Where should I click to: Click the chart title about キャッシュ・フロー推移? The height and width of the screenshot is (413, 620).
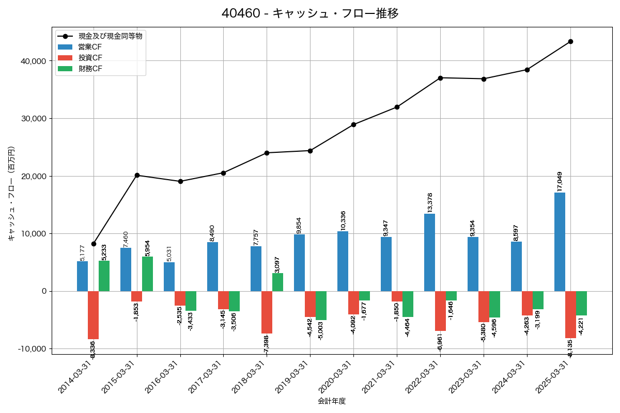tap(310, 13)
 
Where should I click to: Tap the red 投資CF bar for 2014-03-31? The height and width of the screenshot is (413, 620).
tap(93, 315)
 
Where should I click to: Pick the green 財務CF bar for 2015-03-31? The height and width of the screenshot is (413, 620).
tap(148, 274)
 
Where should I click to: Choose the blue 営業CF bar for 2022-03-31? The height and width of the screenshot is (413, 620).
tap(429, 252)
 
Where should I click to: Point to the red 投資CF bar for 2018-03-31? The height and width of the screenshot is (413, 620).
tap(267, 312)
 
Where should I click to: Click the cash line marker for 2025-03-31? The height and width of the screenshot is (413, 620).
tap(570, 41)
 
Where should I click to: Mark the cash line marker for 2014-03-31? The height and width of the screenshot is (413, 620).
tap(94, 244)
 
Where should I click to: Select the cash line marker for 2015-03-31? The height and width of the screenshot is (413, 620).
tap(137, 175)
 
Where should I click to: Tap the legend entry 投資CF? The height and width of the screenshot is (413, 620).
tap(90, 57)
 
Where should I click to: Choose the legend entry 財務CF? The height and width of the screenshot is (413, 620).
tap(90, 68)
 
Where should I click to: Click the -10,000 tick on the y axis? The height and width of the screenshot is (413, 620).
tap(32, 349)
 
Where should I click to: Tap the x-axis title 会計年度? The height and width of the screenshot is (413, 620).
tap(332, 401)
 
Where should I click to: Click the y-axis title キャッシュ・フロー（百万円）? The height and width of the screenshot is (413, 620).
tap(11, 194)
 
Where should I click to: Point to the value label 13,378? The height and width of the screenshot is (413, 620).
tap(429, 202)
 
